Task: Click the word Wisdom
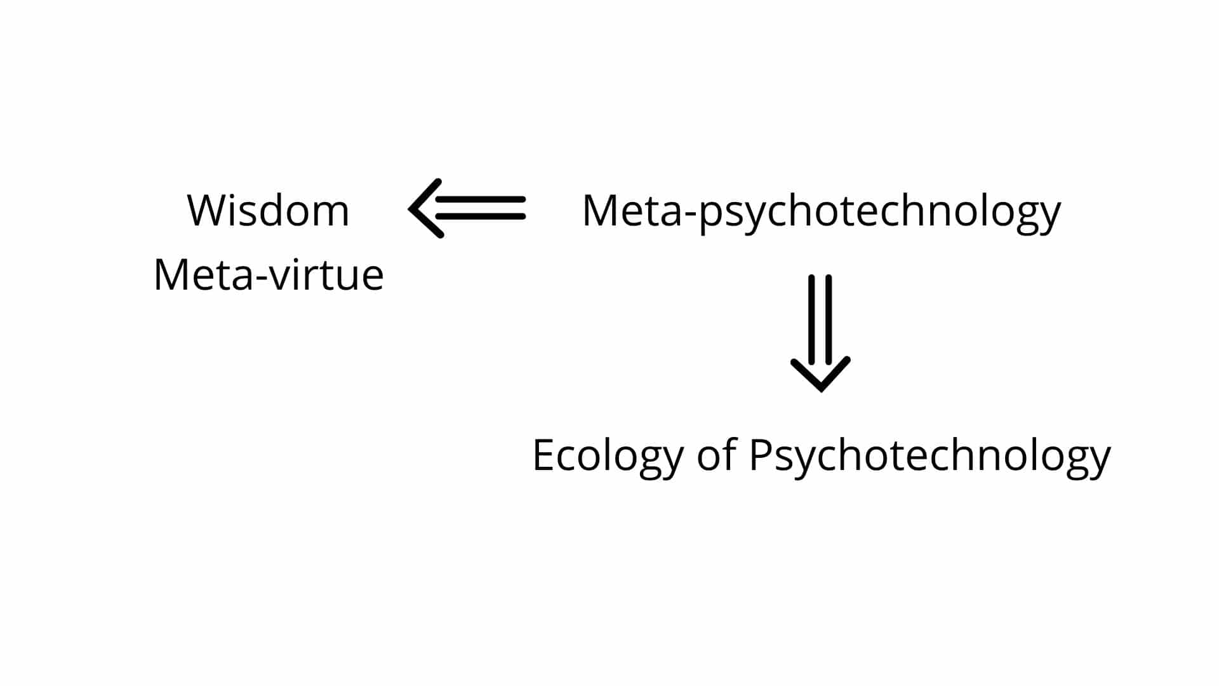[x=268, y=210]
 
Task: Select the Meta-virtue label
[x=269, y=275]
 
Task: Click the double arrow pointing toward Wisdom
[x=467, y=208]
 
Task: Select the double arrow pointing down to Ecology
[x=820, y=333]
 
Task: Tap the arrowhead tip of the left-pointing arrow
[x=410, y=208]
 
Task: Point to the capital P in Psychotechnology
[x=761, y=455]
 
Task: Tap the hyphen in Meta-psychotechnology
[x=691, y=214]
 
